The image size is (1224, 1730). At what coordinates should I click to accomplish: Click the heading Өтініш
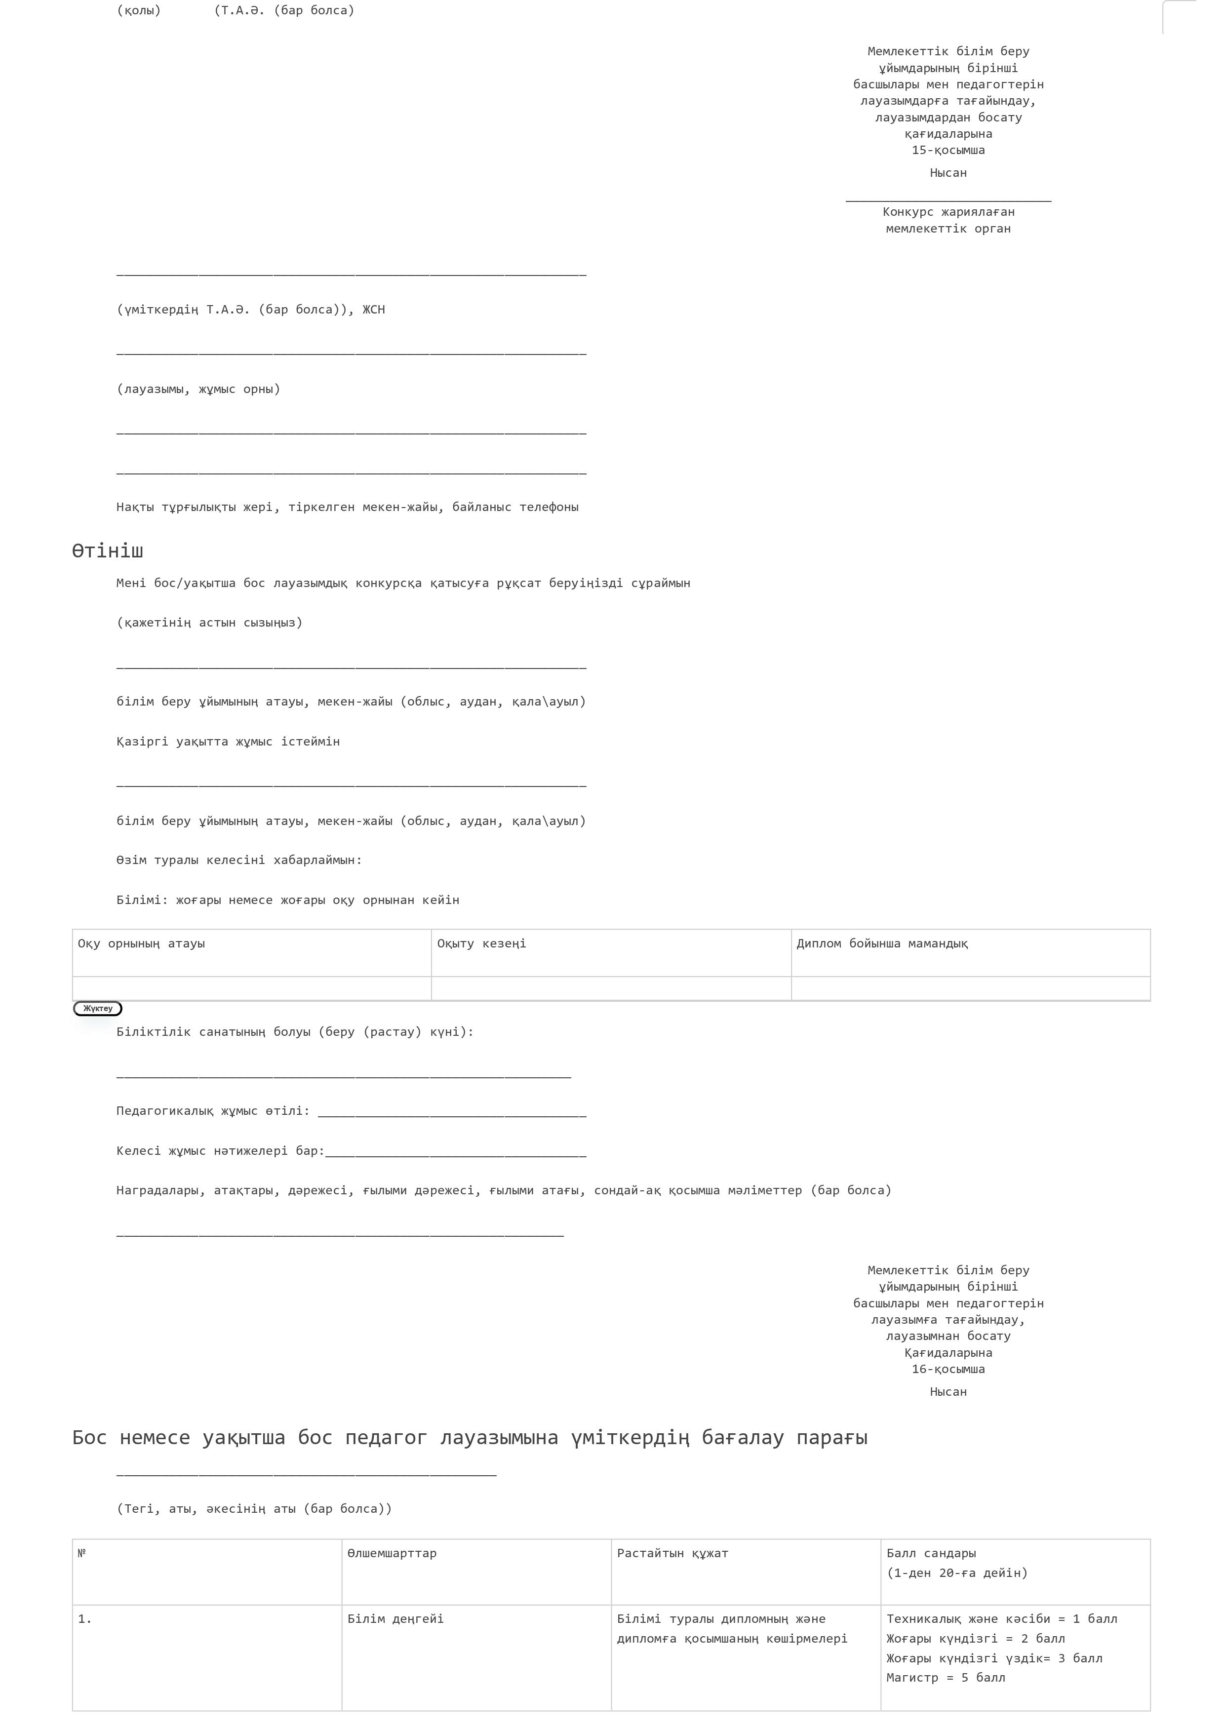click(107, 551)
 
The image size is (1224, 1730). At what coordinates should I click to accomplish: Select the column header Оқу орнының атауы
click(141, 944)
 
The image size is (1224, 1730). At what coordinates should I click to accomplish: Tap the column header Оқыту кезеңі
click(481, 944)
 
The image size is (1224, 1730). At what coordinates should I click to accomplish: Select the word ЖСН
click(374, 310)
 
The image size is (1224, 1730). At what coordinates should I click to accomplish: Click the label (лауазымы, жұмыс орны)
click(198, 390)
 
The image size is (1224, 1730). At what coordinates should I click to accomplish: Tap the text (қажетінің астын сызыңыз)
click(209, 623)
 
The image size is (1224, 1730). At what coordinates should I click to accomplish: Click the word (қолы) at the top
click(139, 10)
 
